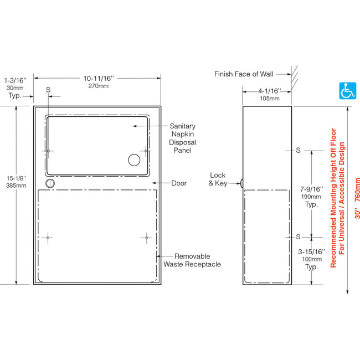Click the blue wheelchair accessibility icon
(348, 91)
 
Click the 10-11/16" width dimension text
(99, 79)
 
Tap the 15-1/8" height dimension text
(16, 178)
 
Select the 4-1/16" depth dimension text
(270, 91)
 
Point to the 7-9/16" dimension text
(312, 189)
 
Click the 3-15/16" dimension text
(311, 252)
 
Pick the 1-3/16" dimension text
(15, 80)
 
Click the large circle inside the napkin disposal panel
(134, 160)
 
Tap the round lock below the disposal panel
(50, 183)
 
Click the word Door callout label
(179, 183)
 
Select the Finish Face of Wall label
(244, 74)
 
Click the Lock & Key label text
(218, 179)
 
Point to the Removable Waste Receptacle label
(192, 260)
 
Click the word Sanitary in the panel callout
(183, 126)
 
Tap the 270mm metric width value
(99, 86)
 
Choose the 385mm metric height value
(16, 186)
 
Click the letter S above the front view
(48, 90)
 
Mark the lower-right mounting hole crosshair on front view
(146, 238)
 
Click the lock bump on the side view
(241, 183)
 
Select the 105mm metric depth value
(270, 99)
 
